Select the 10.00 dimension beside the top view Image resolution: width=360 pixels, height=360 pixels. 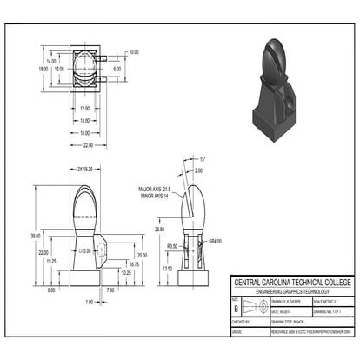[133, 52]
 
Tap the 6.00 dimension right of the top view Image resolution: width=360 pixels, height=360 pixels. [119, 68]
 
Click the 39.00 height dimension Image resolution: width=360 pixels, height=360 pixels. [36, 236]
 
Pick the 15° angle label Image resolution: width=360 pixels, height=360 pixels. [202, 161]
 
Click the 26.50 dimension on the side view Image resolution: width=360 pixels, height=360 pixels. [160, 229]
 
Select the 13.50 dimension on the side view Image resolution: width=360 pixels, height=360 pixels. [167, 269]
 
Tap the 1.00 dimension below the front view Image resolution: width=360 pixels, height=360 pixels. [89, 302]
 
